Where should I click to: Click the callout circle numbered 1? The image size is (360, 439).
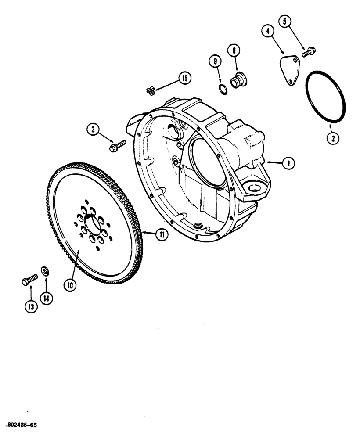point(288,163)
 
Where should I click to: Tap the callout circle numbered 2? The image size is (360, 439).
point(332,138)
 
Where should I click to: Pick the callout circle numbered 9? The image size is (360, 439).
point(216,62)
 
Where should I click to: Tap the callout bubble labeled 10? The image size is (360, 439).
point(70,284)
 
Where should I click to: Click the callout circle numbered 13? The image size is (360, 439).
point(30,307)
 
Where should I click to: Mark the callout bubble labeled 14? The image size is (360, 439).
point(46,297)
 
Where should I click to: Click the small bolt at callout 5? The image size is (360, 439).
point(308,52)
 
